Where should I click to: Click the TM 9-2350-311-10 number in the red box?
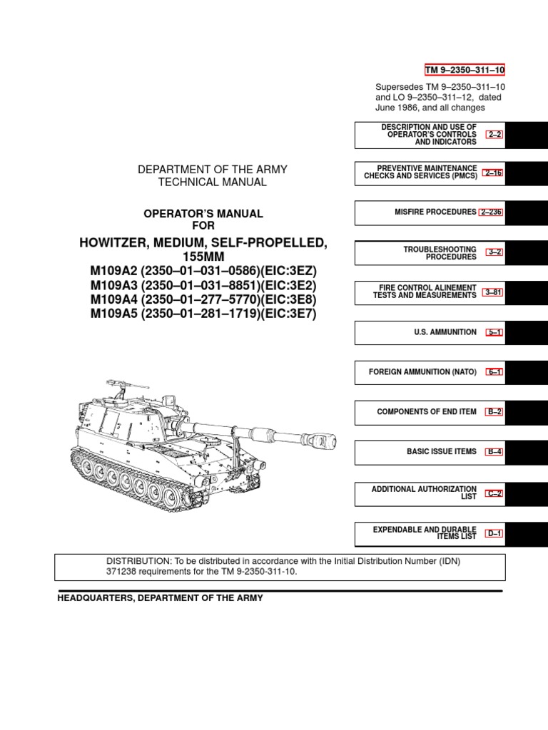pos(465,69)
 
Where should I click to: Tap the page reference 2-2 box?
pos(494,135)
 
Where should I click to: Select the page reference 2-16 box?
pos(493,173)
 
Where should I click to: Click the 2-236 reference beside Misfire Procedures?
pos(492,212)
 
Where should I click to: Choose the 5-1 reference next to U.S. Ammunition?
pos(494,332)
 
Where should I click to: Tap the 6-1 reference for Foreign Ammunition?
pos(494,372)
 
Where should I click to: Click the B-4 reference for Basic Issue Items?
pos(494,452)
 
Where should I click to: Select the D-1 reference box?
pos(494,533)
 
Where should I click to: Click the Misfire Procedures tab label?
pos(435,212)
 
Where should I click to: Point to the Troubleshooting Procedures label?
pos(440,252)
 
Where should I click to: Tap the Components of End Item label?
pos(426,412)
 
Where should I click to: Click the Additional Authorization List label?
pos(424,492)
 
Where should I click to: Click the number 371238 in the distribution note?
pos(123,572)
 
